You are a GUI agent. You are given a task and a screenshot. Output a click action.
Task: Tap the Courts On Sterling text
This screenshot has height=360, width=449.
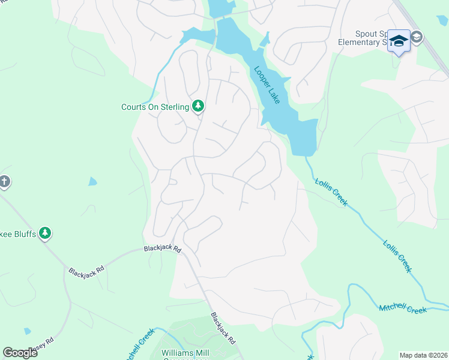(155, 107)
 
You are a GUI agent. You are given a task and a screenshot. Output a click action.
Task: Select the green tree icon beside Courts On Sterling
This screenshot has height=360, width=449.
(198, 106)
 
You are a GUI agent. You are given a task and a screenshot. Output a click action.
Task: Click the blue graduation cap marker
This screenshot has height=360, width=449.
(399, 41)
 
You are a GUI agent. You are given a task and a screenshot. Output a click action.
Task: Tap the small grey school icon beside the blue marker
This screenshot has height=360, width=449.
(416, 37)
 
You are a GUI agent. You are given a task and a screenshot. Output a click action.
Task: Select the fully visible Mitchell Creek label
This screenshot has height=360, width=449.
(403, 309)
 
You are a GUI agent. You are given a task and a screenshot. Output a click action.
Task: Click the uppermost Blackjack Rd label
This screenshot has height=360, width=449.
(162, 248)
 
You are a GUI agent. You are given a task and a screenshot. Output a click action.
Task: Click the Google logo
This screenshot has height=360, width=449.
(20, 353)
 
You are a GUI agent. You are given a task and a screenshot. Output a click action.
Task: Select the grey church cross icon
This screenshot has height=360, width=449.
(4, 181)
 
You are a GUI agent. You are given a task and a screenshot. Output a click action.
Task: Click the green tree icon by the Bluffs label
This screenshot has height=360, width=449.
(45, 233)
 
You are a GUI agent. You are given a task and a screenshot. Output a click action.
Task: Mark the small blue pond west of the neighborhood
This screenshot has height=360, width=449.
(92, 181)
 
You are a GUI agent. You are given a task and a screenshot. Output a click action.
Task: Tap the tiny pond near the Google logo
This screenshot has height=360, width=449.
(27, 331)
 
